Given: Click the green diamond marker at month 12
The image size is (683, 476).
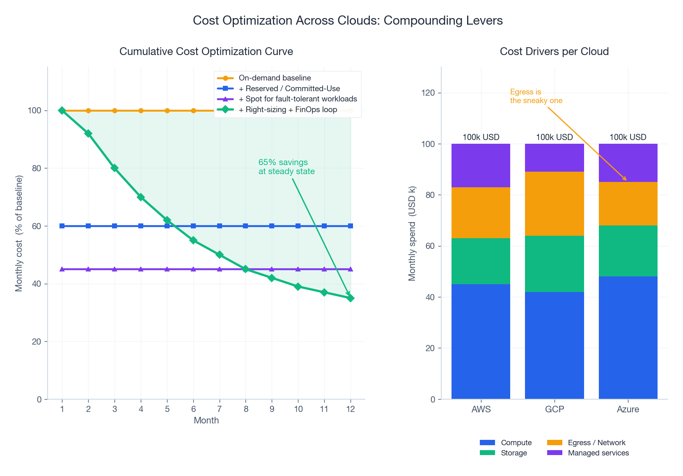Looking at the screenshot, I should pos(351,298).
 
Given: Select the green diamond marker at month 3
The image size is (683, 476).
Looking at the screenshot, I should pos(115,168).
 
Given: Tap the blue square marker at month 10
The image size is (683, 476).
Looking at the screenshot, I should pos(298,226).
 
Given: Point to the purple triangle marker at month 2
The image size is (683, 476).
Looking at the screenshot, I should pos(88,269).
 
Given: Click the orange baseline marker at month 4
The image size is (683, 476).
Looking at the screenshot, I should pos(141,110).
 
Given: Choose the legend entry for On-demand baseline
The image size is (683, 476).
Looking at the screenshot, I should pos(275,78).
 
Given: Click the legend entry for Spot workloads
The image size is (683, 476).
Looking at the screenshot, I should pos(298,99).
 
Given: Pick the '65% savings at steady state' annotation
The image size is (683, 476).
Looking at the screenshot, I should pos(286,167).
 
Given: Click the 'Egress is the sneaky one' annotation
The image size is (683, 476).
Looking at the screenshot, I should pos(536,96).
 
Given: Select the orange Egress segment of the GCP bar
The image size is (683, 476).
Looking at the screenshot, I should pos(554,203).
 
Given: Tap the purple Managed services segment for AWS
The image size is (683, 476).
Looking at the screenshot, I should pos(481,166).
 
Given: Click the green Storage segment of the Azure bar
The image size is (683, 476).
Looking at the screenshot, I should pos(628,251).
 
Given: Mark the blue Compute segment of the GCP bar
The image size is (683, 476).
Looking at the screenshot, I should pos(554,345).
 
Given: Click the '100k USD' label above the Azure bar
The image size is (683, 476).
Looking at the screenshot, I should pos(628,137).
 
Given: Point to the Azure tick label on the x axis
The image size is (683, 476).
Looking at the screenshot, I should pos(628,409).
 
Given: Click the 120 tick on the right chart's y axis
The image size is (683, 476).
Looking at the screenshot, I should pos(428,93).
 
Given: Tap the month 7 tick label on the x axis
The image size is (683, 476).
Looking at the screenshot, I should pos(220,409).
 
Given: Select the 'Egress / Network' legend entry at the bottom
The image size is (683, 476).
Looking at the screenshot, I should pos(596,442).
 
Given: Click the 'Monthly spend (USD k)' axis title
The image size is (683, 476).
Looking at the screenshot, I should pos(412,233).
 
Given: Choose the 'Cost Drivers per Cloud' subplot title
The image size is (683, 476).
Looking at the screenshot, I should pos(554,51).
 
